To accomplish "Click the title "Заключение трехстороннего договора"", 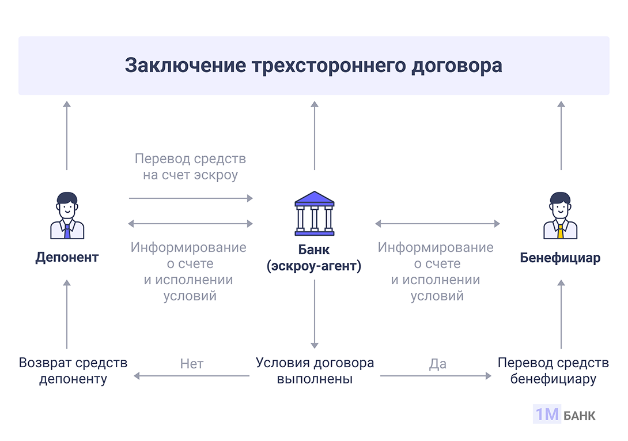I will pos(313,65).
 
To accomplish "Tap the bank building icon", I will pos(314,214).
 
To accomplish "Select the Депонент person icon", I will pos(67,215).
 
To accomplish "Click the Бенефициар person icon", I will pos(561,215).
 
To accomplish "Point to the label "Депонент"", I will pos(67,257).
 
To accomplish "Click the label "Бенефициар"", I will pos(560,258).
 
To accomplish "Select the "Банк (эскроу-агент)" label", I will pos(314,258).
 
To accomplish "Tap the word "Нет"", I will pos(192,364).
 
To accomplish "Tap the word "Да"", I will pos(438,364).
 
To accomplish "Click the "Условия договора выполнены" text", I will pos(315,371).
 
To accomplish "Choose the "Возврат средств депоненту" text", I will pos(73,371).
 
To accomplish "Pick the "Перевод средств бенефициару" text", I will pos(553,371).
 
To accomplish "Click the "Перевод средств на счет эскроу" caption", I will pos(190,166).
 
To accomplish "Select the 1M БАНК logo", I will pos(564,415).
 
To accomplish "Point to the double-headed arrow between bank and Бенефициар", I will pos(437,223).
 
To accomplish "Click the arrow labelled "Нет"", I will pos(192,376).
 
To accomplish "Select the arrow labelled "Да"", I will pos(436,376).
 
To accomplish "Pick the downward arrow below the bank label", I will pos(315,314).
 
